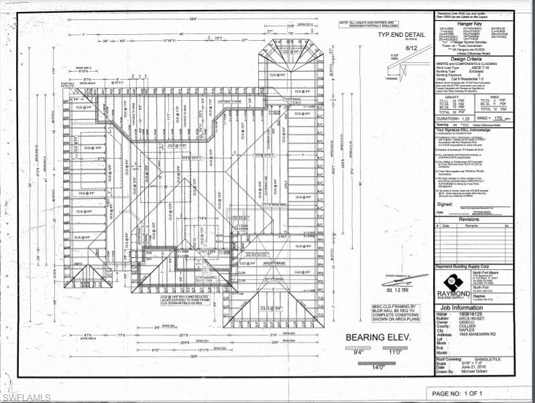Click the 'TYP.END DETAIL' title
pos(402,34)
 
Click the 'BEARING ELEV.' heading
pos(371,338)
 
